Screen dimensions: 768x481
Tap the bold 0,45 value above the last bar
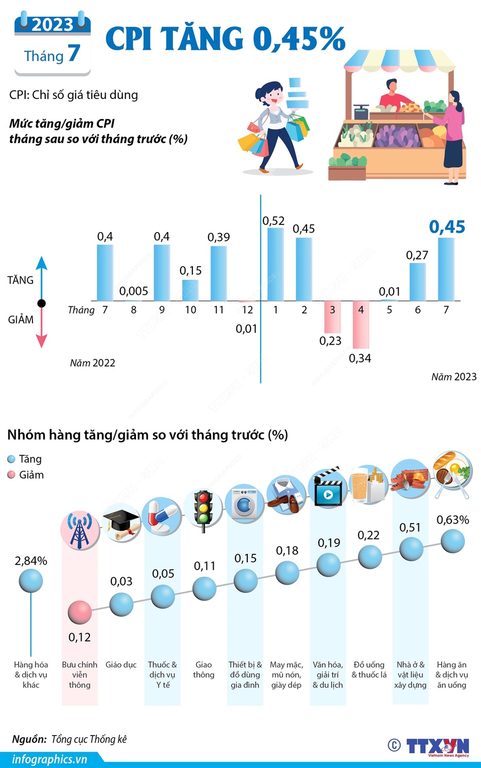point(447,227)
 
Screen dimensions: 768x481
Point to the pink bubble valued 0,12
point(79,612)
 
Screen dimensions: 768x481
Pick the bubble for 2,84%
point(31,580)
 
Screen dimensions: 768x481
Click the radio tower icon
point(79,529)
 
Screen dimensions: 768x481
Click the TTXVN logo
point(437,747)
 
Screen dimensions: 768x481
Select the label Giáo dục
point(121,665)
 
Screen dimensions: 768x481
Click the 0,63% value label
point(452,520)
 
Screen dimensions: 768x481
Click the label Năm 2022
point(92,363)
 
